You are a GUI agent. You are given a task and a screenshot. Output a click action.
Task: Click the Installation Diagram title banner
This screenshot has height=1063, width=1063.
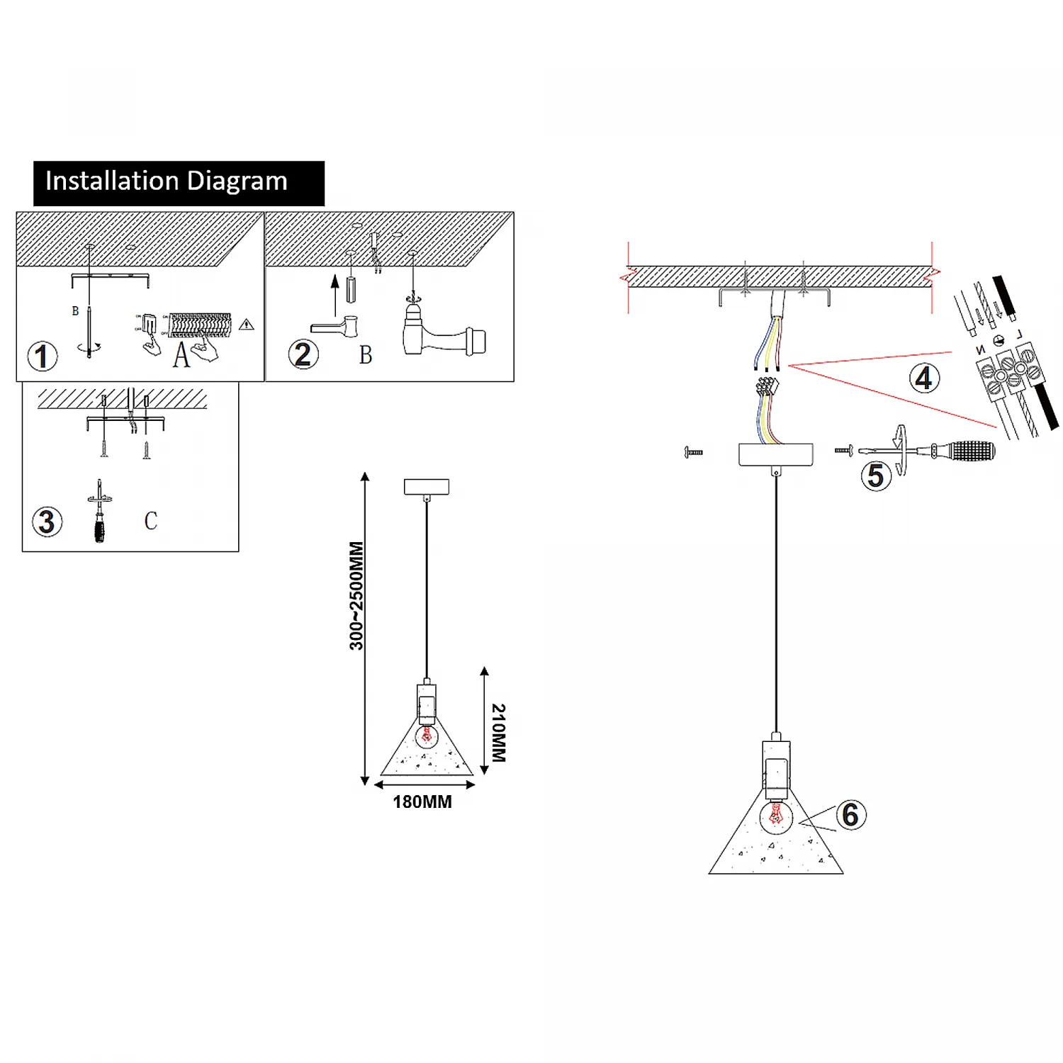[x=179, y=183]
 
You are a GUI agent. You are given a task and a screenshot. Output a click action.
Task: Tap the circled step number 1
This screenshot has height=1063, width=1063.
[x=43, y=356]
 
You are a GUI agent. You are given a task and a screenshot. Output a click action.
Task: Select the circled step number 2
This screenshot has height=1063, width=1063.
[x=303, y=354]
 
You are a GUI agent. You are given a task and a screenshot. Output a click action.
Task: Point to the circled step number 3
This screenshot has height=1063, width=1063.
[x=47, y=522]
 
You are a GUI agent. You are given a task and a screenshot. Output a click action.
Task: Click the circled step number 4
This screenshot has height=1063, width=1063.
[x=924, y=378]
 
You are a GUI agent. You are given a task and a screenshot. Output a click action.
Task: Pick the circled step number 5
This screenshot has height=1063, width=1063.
[x=876, y=476]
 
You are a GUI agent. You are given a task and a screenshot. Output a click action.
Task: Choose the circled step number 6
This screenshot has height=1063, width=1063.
[x=850, y=815]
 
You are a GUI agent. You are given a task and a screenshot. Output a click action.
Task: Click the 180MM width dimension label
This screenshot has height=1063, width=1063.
[x=422, y=802]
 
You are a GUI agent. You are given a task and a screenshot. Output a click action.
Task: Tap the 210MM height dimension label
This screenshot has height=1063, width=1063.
[x=499, y=733]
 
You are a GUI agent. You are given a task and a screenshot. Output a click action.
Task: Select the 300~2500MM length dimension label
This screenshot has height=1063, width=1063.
[x=356, y=595]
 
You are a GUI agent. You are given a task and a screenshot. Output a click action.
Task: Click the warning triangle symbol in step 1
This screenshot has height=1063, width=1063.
[x=247, y=325]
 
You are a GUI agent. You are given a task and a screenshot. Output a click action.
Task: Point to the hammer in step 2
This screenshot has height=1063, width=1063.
[x=443, y=339]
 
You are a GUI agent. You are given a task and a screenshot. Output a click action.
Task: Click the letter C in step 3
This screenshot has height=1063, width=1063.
[x=151, y=521]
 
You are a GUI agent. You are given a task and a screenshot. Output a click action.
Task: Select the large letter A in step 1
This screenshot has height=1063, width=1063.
[x=181, y=354]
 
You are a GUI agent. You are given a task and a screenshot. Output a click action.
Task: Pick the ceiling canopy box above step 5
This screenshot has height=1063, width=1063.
[x=776, y=454]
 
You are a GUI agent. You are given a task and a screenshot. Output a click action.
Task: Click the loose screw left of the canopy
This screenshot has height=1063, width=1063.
[x=693, y=451]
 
